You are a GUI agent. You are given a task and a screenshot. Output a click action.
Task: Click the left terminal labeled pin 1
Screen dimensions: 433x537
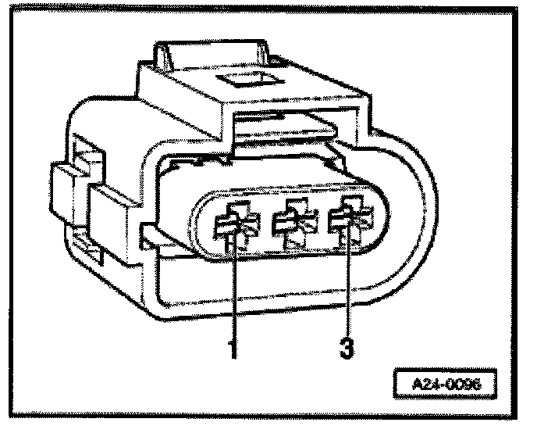pos(232,224)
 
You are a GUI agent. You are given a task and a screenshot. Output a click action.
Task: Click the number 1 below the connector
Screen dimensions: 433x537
pos(232,347)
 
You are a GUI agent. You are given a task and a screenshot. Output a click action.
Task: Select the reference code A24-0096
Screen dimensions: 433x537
pos(446,385)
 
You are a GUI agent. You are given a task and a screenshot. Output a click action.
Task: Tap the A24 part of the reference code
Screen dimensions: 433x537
pos(428,385)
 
